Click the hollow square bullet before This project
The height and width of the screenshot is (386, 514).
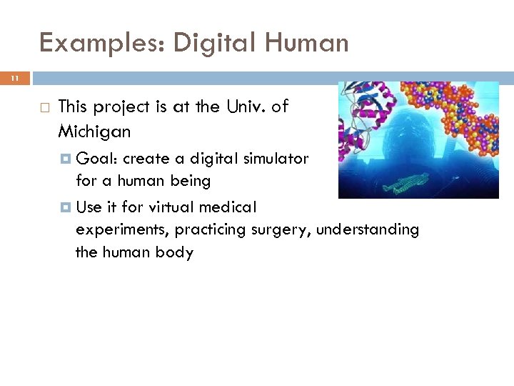[43, 107]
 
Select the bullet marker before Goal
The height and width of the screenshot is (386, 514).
[66, 159]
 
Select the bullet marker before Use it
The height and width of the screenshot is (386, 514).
[66, 207]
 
